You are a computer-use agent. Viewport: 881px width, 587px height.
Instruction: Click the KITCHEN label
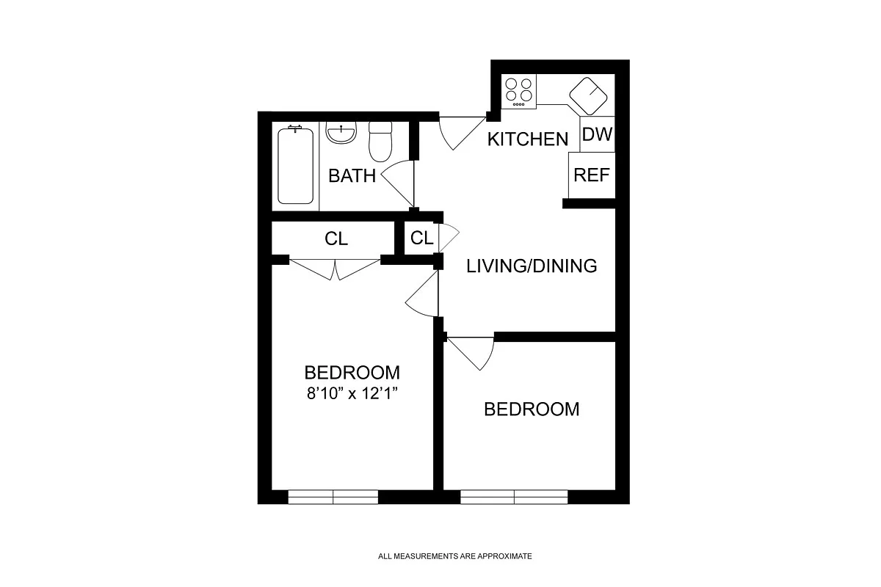[x=528, y=139]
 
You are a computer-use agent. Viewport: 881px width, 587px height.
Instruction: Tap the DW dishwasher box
[x=597, y=135]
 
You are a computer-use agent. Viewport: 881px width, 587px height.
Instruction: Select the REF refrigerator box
[x=591, y=175]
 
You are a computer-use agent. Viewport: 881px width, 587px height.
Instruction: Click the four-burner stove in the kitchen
[x=519, y=91]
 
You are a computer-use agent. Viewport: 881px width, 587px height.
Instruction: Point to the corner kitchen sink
[x=590, y=95]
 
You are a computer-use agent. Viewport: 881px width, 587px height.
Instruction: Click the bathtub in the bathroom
[x=296, y=165]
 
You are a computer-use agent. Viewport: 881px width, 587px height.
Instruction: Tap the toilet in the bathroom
[x=380, y=141]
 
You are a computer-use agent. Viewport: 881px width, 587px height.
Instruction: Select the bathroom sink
[x=341, y=134]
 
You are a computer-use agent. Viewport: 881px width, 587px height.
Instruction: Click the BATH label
[x=352, y=176]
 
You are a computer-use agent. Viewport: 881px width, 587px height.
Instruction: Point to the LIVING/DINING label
[x=532, y=266]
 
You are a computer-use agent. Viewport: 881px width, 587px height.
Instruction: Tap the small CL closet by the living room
[x=421, y=238]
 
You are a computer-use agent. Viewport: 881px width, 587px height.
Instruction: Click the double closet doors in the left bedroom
[x=335, y=269]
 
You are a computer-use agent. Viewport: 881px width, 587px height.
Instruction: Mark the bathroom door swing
[x=400, y=183]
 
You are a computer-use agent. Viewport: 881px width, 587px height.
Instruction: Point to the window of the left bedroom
[x=333, y=497]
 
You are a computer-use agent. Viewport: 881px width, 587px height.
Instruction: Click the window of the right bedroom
[x=514, y=497]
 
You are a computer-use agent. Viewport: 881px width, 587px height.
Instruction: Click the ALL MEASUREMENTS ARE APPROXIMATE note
[x=454, y=556]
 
